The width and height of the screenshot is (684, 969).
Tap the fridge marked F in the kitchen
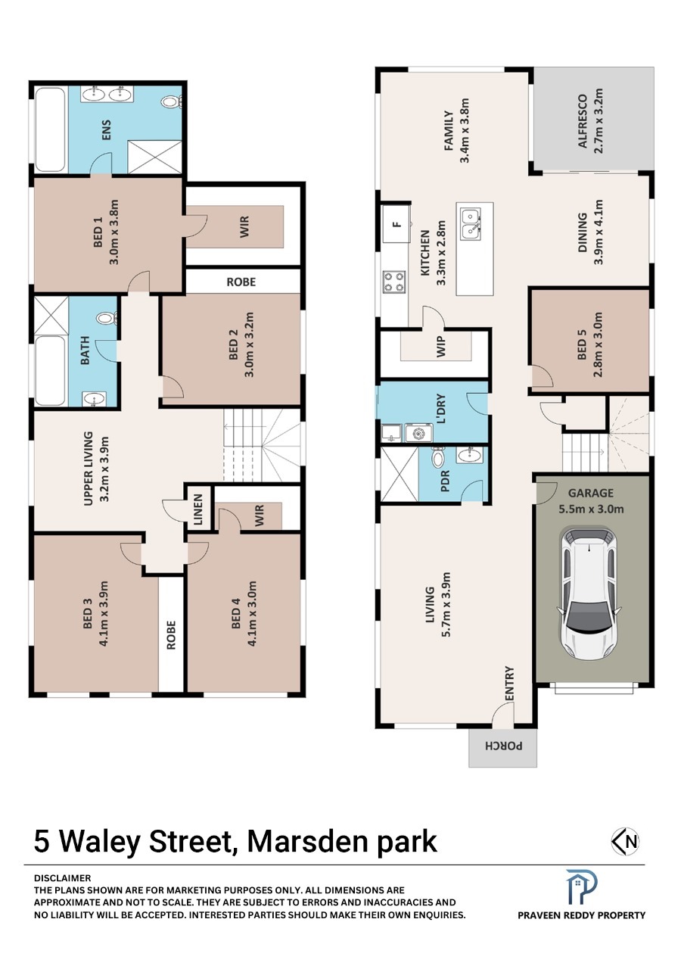point(396,223)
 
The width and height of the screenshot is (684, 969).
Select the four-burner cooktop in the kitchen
point(394,282)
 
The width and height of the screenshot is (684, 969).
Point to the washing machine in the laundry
point(418,433)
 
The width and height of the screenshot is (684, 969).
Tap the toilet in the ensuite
point(172,102)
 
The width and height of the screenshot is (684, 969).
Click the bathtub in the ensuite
point(50,129)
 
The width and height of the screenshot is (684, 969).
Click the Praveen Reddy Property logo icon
point(581,888)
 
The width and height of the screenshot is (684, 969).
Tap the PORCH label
point(503,746)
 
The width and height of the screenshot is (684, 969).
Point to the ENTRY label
point(509,683)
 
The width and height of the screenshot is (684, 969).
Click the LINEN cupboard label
point(198,509)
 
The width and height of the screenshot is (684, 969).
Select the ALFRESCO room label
point(583,122)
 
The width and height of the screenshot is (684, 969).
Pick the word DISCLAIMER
point(63,877)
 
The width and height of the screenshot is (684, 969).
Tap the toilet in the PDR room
point(438,457)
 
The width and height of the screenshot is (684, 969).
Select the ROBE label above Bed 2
point(241,282)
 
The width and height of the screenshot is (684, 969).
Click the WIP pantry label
point(440,347)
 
